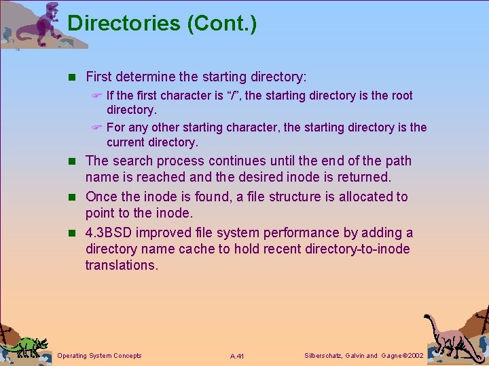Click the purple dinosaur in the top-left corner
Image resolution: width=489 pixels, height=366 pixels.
tap(41, 24)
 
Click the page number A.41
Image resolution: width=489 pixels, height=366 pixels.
tap(237, 356)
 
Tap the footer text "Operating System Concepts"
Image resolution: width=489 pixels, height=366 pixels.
tap(100, 356)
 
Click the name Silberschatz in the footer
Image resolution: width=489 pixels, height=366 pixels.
tap(322, 356)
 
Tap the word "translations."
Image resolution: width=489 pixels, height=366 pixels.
tap(122, 265)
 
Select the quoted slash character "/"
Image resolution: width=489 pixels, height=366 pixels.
tap(232, 96)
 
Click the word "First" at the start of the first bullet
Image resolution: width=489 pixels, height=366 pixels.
tap(99, 77)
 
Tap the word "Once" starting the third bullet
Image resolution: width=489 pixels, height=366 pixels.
tap(101, 197)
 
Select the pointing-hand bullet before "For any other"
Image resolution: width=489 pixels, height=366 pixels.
tap(96, 127)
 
